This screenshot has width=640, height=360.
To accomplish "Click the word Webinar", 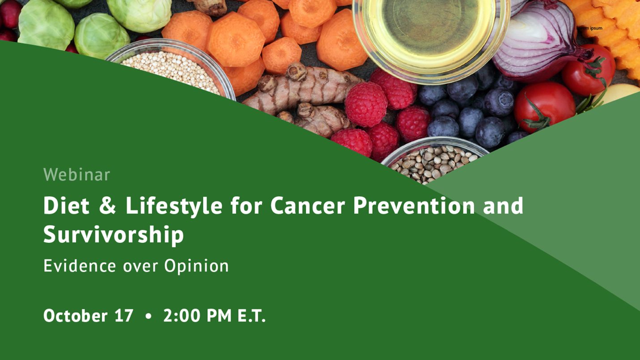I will click(x=77, y=175).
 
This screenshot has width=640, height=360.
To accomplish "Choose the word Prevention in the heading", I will click(x=414, y=206).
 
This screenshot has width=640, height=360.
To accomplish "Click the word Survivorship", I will click(x=113, y=235).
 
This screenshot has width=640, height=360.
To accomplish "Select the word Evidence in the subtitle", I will click(x=80, y=266).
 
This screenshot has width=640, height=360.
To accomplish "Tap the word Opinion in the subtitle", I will click(x=196, y=266).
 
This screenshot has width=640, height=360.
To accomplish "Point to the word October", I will click(x=75, y=316).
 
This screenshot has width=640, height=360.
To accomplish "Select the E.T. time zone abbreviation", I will click(x=251, y=316).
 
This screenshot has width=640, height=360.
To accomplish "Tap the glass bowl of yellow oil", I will click(x=430, y=31).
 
